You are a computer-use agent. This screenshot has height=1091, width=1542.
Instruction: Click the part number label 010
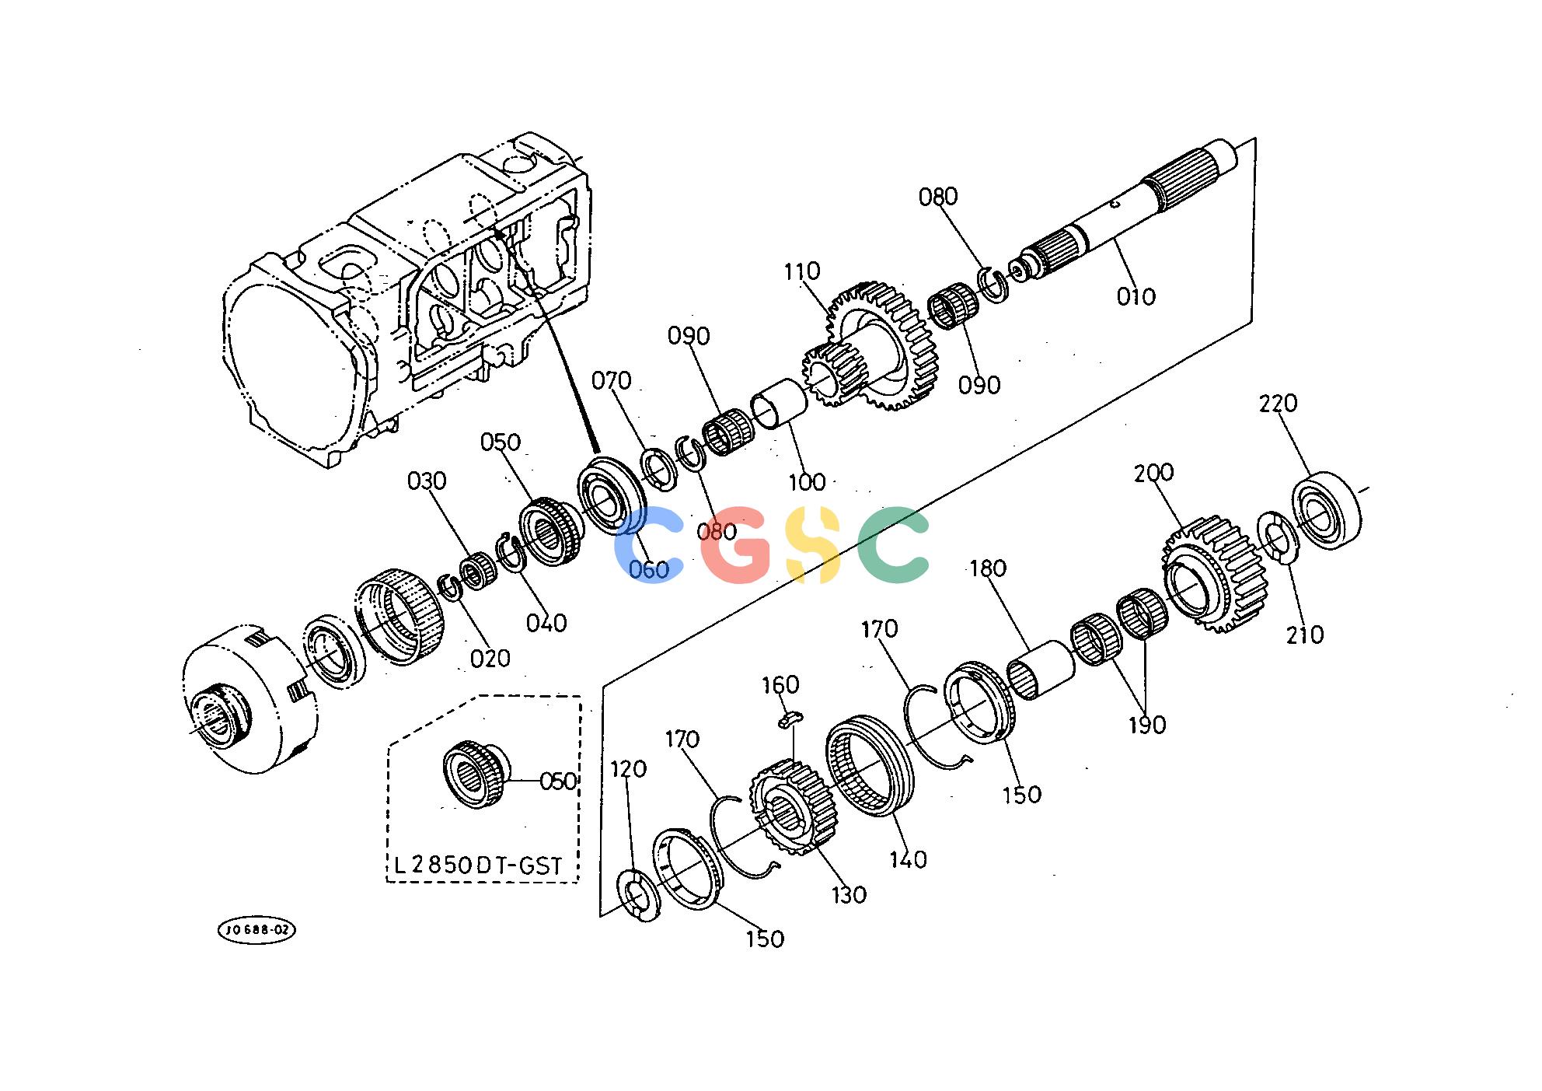tap(1136, 296)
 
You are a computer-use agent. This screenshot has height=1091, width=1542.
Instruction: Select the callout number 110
tap(801, 271)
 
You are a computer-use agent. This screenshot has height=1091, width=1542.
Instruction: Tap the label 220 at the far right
tap(1279, 404)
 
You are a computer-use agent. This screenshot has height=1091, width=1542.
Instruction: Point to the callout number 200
tap(1153, 473)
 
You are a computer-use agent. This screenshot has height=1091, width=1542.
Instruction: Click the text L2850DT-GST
tap(477, 865)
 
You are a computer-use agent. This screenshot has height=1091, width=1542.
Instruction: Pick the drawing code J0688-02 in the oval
tap(256, 930)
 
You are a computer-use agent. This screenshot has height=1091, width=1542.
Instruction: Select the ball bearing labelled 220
tap(1327, 511)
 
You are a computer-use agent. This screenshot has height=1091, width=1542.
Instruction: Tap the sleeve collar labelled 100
tap(780, 402)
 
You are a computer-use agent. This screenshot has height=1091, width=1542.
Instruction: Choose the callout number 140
tap(908, 860)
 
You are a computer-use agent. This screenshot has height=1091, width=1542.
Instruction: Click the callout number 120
tap(628, 769)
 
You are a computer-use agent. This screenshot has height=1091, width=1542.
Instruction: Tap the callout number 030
tap(427, 481)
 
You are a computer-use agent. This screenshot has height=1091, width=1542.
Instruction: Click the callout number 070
tap(611, 381)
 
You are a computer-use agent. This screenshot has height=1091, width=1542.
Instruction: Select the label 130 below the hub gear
tap(848, 895)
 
